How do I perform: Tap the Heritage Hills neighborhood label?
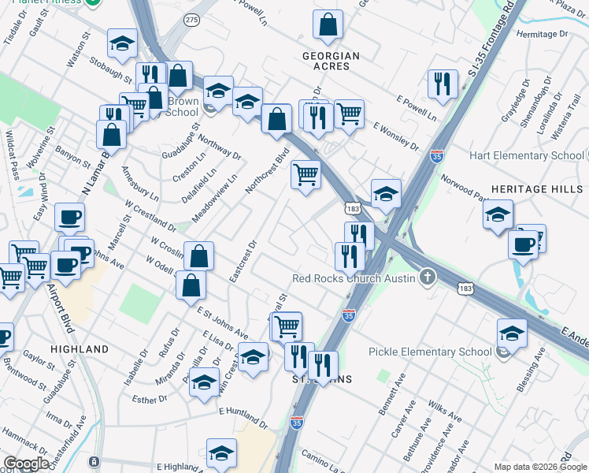pyautogui.click(x=536, y=190)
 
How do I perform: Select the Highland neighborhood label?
pyautogui.click(x=79, y=348)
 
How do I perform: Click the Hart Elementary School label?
pyautogui.click(x=525, y=155)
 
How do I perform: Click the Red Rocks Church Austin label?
pyautogui.click(x=353, y=277)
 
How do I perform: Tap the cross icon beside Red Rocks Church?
pyautogui.click(x=427, y=277)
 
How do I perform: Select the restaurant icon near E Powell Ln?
pyautogui.click(x=443, y=84)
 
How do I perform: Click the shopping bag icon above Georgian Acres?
pyautogui.click(x=328, y=26)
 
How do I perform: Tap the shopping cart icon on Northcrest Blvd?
pyautogui.click(x=306, y=174)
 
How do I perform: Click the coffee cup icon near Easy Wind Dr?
pyautogui.click(x=69, y=217)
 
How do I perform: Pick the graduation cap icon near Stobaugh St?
pyautogui.click(x=122, y=44)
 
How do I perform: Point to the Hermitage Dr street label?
pyautogui.click(x=542, y=35)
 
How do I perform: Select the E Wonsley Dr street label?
pyautogui.click(x=396, y=136)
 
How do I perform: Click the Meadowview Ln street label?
pyautogui.click(x=208, y=209)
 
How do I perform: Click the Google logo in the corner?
pyautogui.click(x=26, y=464)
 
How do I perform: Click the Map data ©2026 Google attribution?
pyautogui.click(x=540, y=467)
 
